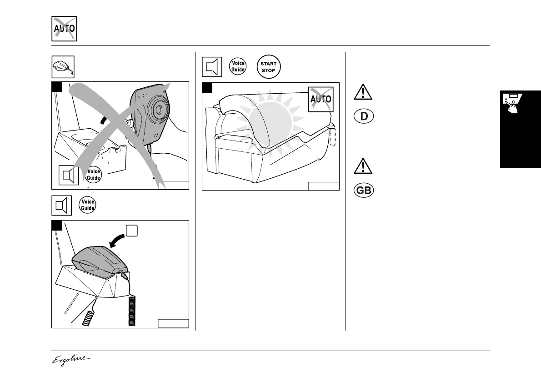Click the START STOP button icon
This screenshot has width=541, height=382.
268,67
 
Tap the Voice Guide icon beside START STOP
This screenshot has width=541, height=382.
239,66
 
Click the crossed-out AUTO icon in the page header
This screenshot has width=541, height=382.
64,29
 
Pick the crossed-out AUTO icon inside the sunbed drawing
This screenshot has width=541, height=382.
321,99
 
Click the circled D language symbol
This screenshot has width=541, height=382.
363,116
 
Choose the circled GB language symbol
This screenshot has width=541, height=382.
363,191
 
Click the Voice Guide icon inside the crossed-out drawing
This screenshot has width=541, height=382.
93,175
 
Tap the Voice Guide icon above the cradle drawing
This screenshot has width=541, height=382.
87,206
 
